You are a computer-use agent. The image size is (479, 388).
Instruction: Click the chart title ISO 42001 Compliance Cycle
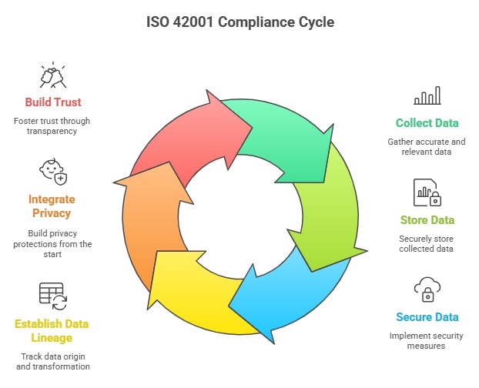(x=240, y=22)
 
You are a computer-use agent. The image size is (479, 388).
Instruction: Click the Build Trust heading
(x=53, y=102)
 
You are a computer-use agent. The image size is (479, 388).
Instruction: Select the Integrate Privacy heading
(x=53, y=206)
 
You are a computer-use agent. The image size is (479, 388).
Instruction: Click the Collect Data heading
(x=427, y=123)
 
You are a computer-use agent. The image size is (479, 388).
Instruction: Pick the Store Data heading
(x=427, y=220)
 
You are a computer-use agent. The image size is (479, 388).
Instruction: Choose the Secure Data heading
(x=427, y=317)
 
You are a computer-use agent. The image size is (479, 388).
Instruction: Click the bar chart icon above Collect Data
(x=427, y=95)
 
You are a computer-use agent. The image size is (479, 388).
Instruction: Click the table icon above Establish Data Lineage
(x=53, y=296)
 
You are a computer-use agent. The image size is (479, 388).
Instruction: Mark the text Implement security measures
(x=427, y=340)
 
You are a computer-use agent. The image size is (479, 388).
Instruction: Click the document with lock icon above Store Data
(x=427, y=192)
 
